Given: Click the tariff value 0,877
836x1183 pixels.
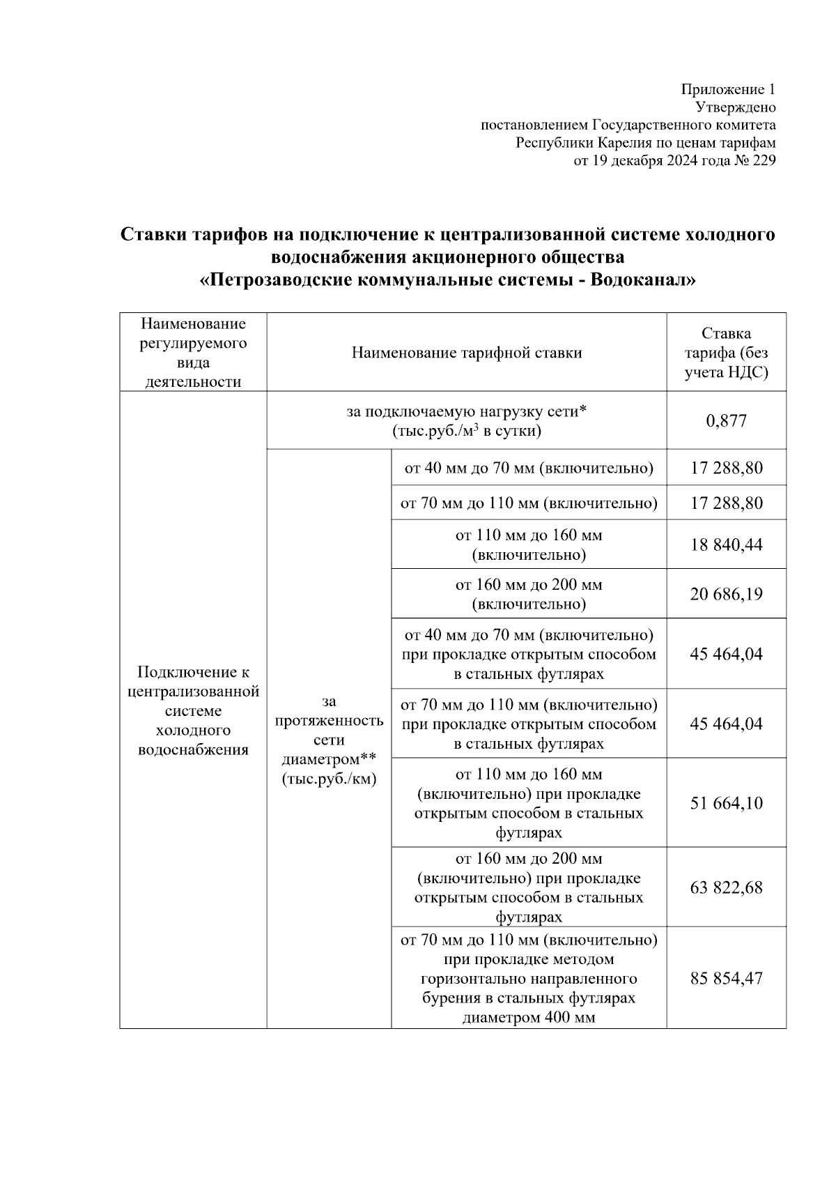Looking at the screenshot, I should pyautogui.click(x=726, y=421).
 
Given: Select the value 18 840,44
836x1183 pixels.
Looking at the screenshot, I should pyautogui.click(x=726, y=545).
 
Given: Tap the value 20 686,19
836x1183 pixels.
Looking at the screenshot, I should pyautogui.click(x=726, y=595).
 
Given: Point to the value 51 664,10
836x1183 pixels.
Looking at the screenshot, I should pyautogui.click(x=726, y=804).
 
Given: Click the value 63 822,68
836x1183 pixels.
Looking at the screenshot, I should pyautogui.click(x=726, y=888).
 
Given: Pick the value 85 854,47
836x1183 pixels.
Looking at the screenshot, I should pyautogui.click(x=726, y=979).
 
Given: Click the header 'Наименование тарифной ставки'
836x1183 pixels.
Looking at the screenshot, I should pyautogui.click(x=466, y=353).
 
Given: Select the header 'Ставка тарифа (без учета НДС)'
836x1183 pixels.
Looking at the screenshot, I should pyautogui.click(x=726, y=353).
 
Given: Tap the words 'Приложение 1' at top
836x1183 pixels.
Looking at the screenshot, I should pyautogui.click(x=727, y=89).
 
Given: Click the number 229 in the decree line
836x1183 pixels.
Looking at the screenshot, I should pyautogui.click(x=764, y=161).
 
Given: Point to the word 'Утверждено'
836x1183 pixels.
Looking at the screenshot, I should pyautogui.click(x=736, y=107).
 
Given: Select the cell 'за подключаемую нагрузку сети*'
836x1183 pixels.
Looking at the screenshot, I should pyautogui.click(x=466, y=421).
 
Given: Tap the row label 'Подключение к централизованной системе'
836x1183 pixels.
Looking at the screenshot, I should pyautogui.click(x=193, y=711).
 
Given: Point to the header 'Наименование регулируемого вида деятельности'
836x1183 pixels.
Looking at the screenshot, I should pyautogui.click(x=193, y=353).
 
